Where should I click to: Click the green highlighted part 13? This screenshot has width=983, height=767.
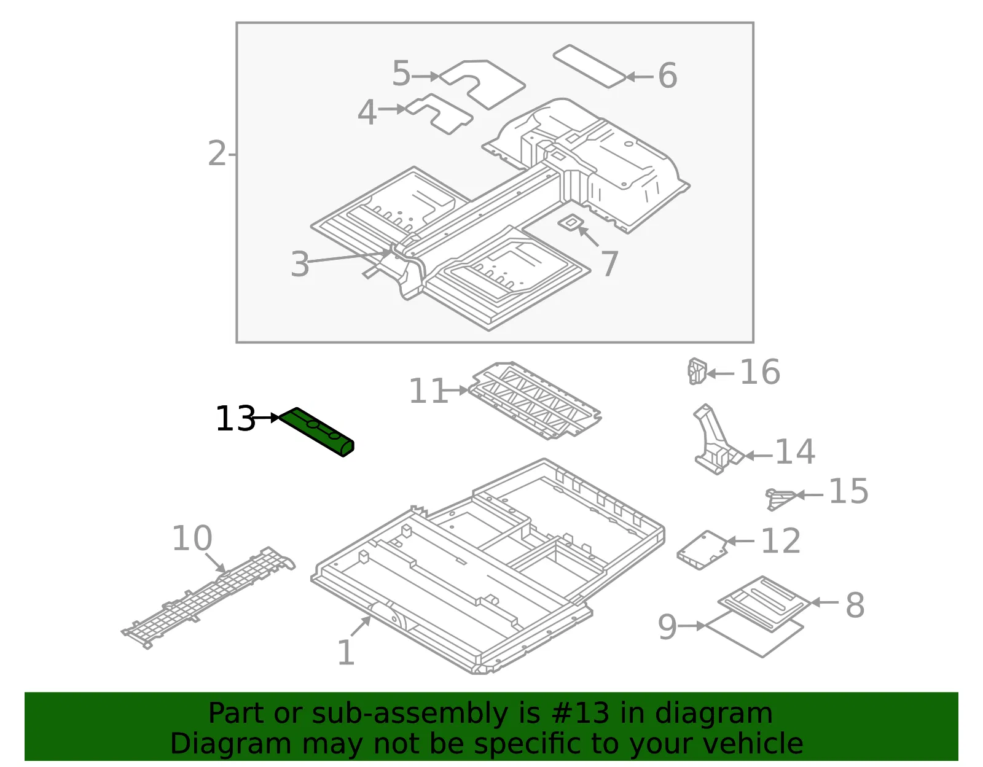coord(316,431)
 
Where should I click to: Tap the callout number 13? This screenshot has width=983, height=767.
coord(235,419)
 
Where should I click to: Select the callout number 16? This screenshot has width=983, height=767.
coord(760,372)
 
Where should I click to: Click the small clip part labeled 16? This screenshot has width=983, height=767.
coord(697,371)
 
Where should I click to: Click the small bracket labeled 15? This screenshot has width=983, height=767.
coord(780,499)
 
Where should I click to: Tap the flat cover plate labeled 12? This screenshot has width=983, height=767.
coord(702,550)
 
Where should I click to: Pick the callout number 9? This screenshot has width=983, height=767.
coord(667,626)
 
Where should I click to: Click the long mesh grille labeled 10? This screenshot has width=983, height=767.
coord(208,598)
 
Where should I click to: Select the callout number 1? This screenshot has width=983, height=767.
coord(346,652)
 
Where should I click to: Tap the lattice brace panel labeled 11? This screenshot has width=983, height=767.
coord(535,400)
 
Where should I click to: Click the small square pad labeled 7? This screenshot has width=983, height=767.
coord(570,222)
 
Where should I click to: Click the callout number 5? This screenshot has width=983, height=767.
coord(401,73)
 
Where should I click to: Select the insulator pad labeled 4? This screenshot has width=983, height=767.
coord(439,114)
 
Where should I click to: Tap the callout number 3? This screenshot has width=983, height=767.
coord(300,264)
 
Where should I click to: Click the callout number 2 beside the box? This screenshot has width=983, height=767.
coord(217,154)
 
